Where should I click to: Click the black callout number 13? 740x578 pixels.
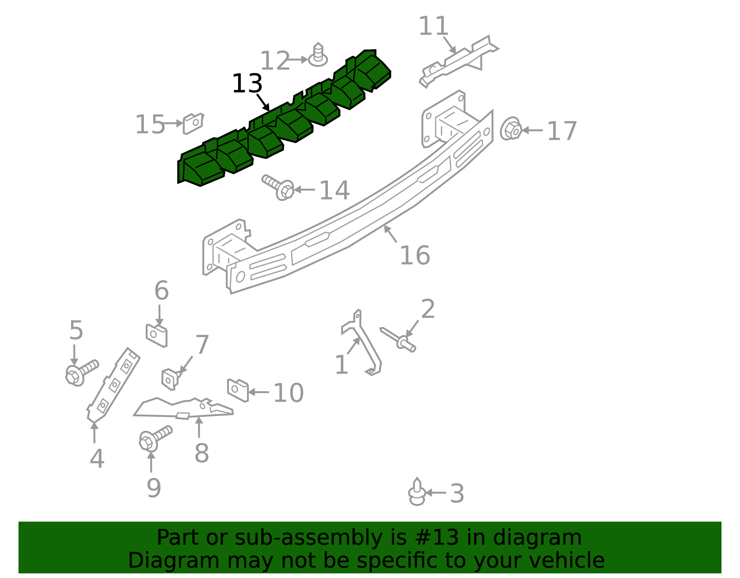[247, 83]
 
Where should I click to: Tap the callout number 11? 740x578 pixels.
[433, 26]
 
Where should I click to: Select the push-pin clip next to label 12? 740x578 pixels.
[318, 55]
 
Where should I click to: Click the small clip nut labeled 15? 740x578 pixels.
[193, 123]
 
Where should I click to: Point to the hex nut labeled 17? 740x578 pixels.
[511, 129]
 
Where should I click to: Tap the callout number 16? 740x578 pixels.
[414, 255]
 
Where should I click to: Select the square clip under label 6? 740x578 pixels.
[156, 336]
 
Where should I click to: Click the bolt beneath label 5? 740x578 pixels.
[81, 373]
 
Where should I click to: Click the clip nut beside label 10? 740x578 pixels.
[238, 390]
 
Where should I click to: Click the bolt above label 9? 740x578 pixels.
[154, 439]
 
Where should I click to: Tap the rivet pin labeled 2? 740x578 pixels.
[398, 340]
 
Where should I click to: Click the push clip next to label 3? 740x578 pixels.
[417, 492]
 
